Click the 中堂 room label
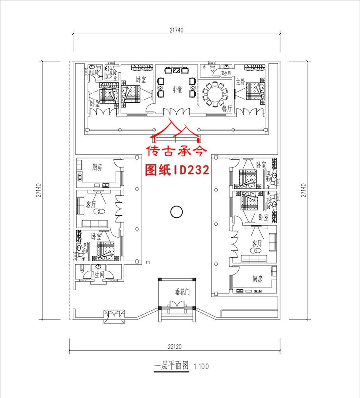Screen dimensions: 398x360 pos(177,90)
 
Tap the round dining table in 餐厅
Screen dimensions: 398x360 pos(215,94)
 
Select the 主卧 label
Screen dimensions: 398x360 pos(240,82)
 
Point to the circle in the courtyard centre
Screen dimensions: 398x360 pos(176,212)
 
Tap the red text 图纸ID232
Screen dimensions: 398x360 pos(177,170)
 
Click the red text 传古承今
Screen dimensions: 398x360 pos(177,152)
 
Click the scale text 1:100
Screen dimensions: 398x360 pos(201,367)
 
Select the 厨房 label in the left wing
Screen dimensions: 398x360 pos(97,168)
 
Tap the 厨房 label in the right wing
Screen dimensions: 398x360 pos(257,279)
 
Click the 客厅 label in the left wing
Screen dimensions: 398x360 pos(91,205)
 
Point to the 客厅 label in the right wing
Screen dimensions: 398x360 pos(257,243)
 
